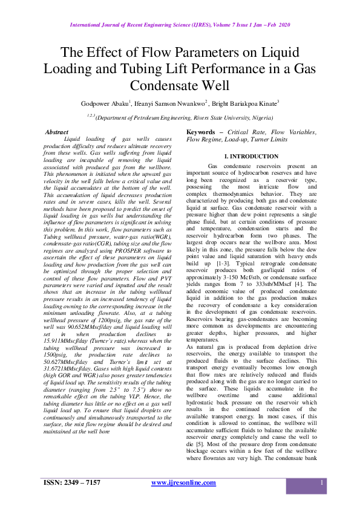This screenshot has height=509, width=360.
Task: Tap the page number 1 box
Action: point(322,483)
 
